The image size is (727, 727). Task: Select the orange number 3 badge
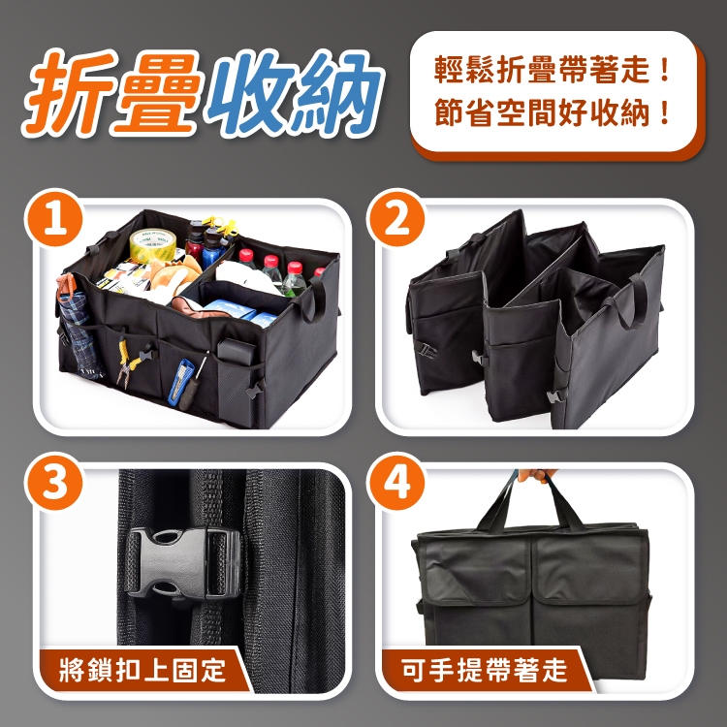[54, 482]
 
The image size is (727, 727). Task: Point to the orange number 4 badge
[396, 482]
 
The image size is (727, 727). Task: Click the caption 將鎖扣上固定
[142, 670]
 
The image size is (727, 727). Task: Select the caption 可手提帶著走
[484, 670]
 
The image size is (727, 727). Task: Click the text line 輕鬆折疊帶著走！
[553, 70]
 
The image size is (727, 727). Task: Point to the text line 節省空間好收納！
[553, 112]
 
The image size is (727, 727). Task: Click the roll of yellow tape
[152, 245]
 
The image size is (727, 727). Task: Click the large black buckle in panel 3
[183, 563]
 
